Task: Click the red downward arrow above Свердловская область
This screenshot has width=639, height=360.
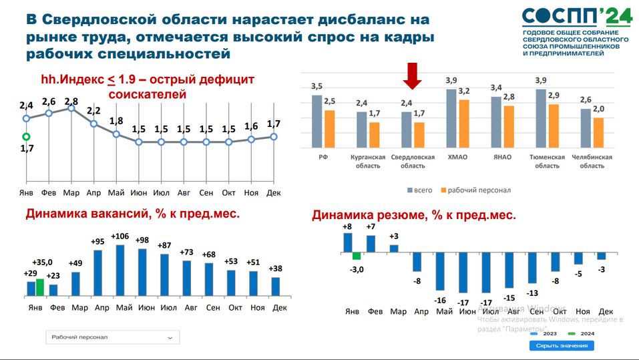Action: tap(413, 75)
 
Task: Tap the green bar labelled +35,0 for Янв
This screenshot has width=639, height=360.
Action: tap(40, 287)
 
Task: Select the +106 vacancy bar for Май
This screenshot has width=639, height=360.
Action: tap(120, 270)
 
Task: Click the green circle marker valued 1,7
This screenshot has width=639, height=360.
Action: tap(26, 137)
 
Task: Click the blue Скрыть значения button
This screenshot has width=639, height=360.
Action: tap(561, 345)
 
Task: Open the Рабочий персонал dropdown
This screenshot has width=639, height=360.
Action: tap(112, 337)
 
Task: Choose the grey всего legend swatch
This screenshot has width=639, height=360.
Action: tap(409, 190)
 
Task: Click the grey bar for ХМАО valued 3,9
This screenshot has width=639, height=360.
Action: tap(451, 118)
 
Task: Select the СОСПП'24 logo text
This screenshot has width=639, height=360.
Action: tap(576, 17)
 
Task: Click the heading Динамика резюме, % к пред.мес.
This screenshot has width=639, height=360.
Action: tap(413, 216)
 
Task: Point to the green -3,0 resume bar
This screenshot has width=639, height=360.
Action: tap(357, 256)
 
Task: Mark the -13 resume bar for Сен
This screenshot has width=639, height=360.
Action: tap(532, 268)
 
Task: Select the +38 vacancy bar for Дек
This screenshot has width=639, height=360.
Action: tap(275, 286)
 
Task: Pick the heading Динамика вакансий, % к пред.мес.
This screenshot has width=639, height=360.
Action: tap(132, 214)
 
